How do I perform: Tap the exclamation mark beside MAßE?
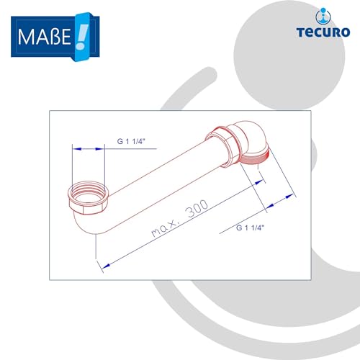click(80, 32)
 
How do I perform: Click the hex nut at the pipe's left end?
click(89, 195)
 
